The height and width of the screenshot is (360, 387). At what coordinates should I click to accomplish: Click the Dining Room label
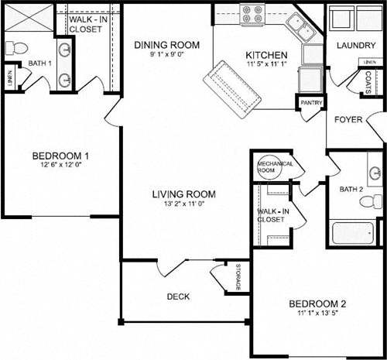coord(166,45)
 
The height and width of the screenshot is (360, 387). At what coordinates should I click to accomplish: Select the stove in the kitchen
coord(252,13)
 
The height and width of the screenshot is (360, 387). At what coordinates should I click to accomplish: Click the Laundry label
coord(356,46)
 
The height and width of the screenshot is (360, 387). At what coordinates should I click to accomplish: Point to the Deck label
coord(178,297)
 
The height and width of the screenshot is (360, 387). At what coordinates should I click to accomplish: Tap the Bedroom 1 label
coord(60,153)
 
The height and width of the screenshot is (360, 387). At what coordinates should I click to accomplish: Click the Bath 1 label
coord(39,63)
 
